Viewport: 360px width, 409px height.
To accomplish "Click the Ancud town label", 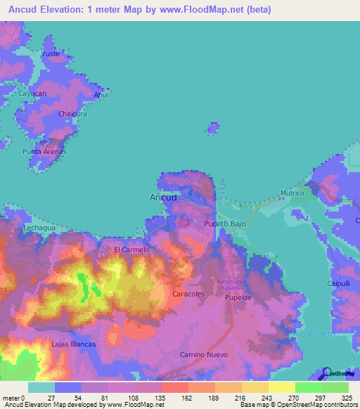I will tap(163, 197).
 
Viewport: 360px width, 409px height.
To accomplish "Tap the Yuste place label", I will tap(51, 53).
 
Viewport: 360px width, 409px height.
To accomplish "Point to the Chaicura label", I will tap(73, 113).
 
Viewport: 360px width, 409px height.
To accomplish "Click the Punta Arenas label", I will tap(44, 151).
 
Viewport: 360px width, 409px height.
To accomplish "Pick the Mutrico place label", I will tap(292, 193).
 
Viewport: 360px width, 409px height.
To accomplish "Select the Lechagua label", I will tap(39, 228).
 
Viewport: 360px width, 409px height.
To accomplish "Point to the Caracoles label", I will tap(188, 294).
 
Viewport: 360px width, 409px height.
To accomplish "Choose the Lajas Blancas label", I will tap(73, 344).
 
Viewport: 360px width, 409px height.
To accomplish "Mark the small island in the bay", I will tap(212, 128).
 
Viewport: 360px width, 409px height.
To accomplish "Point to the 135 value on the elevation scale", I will tap(161, 397).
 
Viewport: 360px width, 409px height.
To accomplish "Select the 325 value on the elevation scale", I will tap(348, 397).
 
